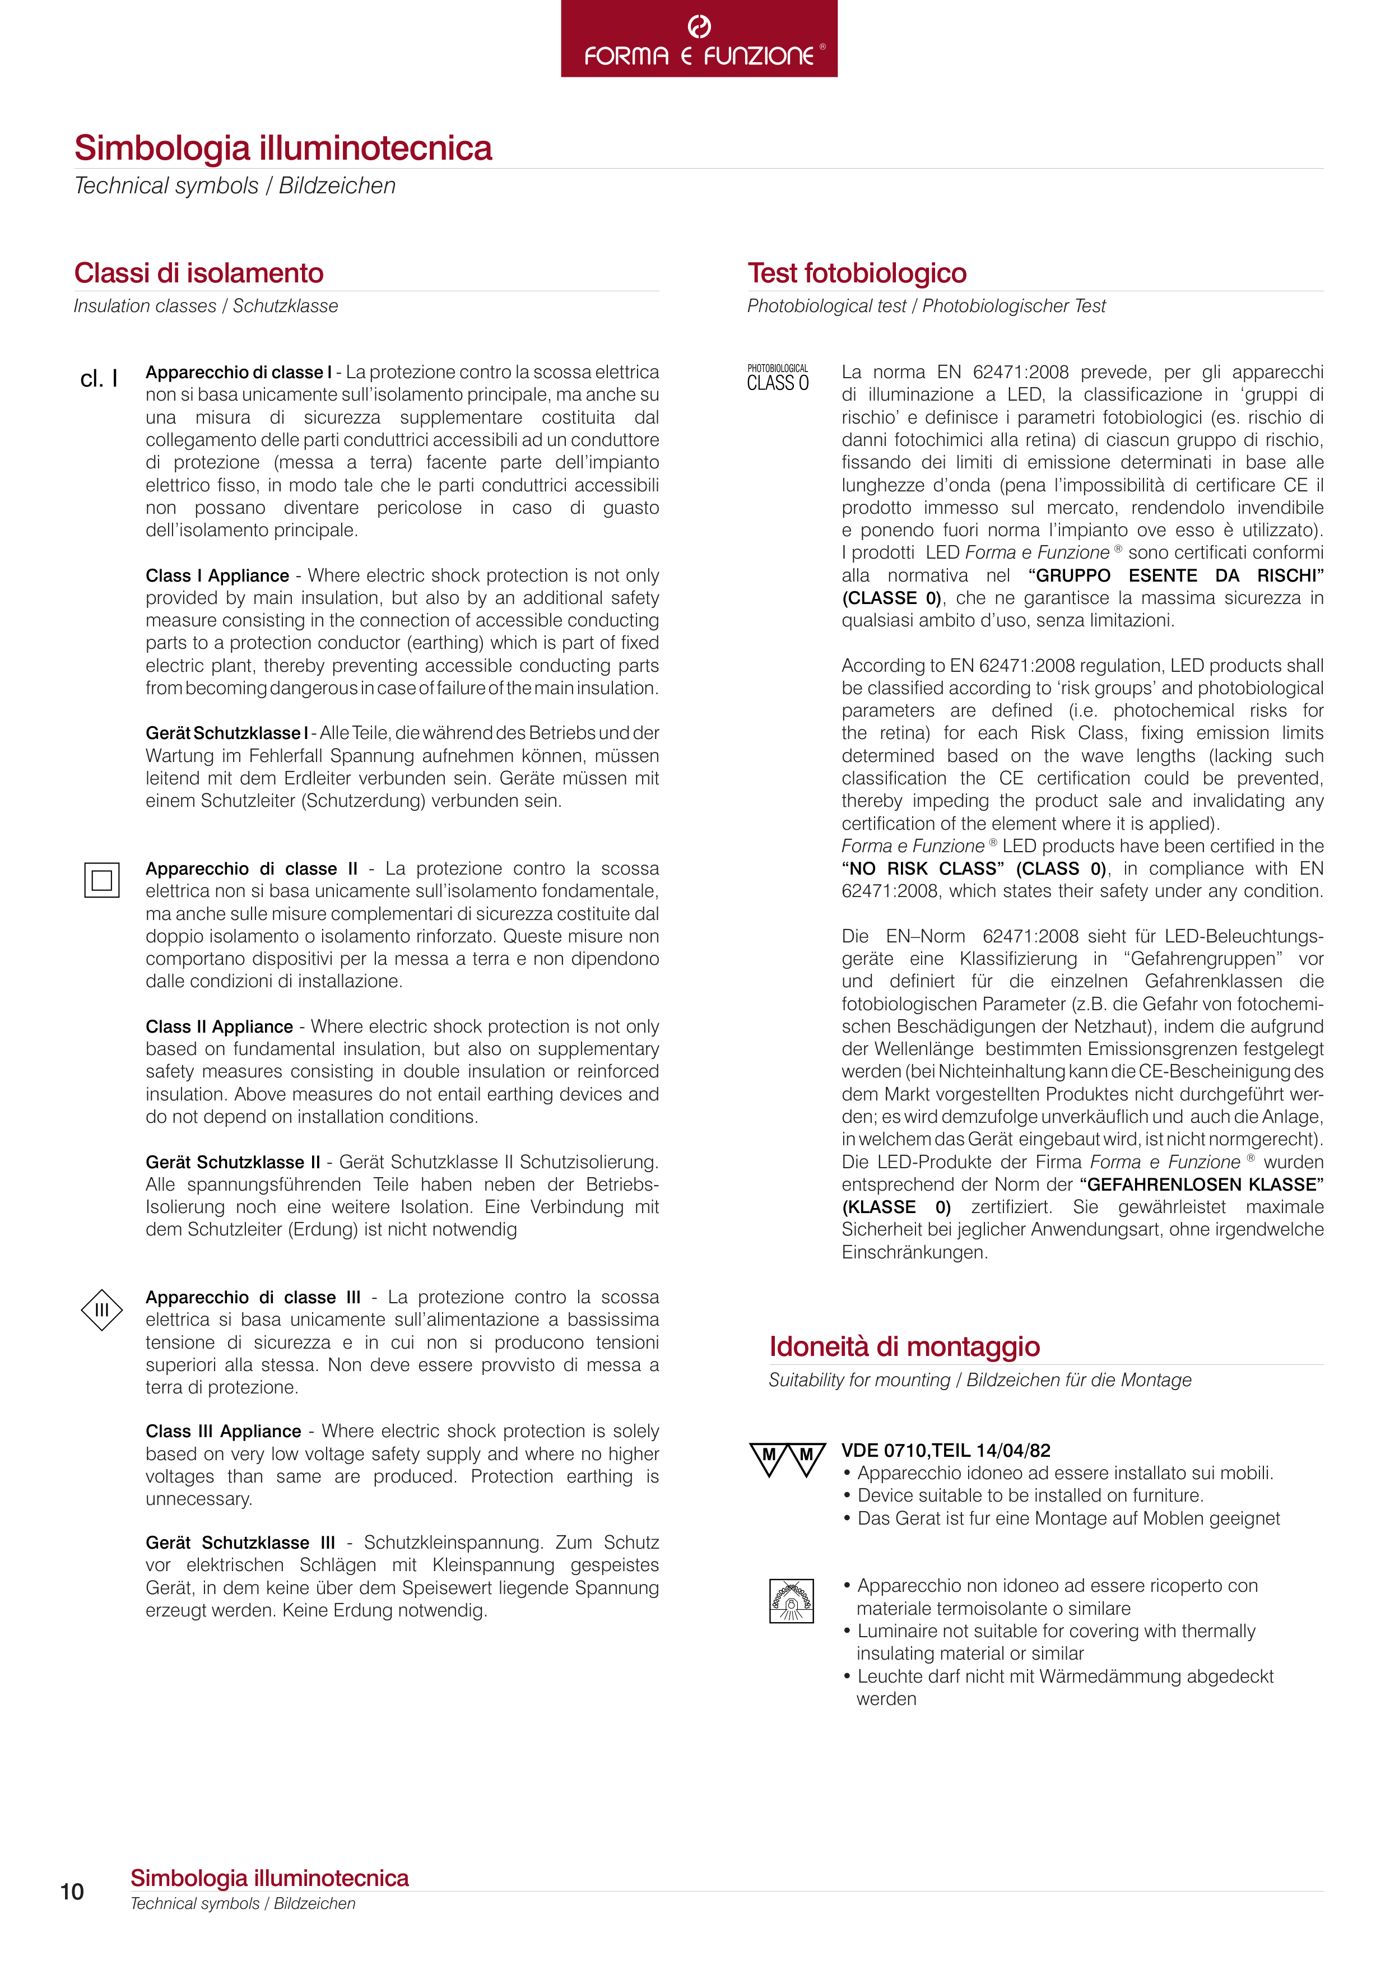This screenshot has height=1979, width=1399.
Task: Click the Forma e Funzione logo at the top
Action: click(699, 40)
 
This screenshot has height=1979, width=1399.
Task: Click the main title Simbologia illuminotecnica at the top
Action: click(283, 148)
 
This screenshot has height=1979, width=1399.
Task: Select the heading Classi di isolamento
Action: click(198, 273)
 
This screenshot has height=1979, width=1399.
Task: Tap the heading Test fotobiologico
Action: click(857, 273)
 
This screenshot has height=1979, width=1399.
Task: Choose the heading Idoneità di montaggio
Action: click(904, 1346)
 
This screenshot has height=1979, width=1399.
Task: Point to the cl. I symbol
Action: click(98, 379)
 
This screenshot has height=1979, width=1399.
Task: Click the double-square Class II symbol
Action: click(102, 880)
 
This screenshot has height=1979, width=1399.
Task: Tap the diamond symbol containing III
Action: click(102, 1310)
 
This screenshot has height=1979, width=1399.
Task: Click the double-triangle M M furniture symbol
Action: click(787, 1459)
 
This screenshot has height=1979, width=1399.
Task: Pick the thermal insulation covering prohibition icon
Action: click(791, 1601)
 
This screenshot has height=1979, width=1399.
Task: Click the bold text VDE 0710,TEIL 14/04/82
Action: click(946, 1451)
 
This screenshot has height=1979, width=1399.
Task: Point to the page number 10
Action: click(72, 1892)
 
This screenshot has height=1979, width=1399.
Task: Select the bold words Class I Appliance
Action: click(217, 576)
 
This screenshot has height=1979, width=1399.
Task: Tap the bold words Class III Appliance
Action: click(223, 1432)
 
